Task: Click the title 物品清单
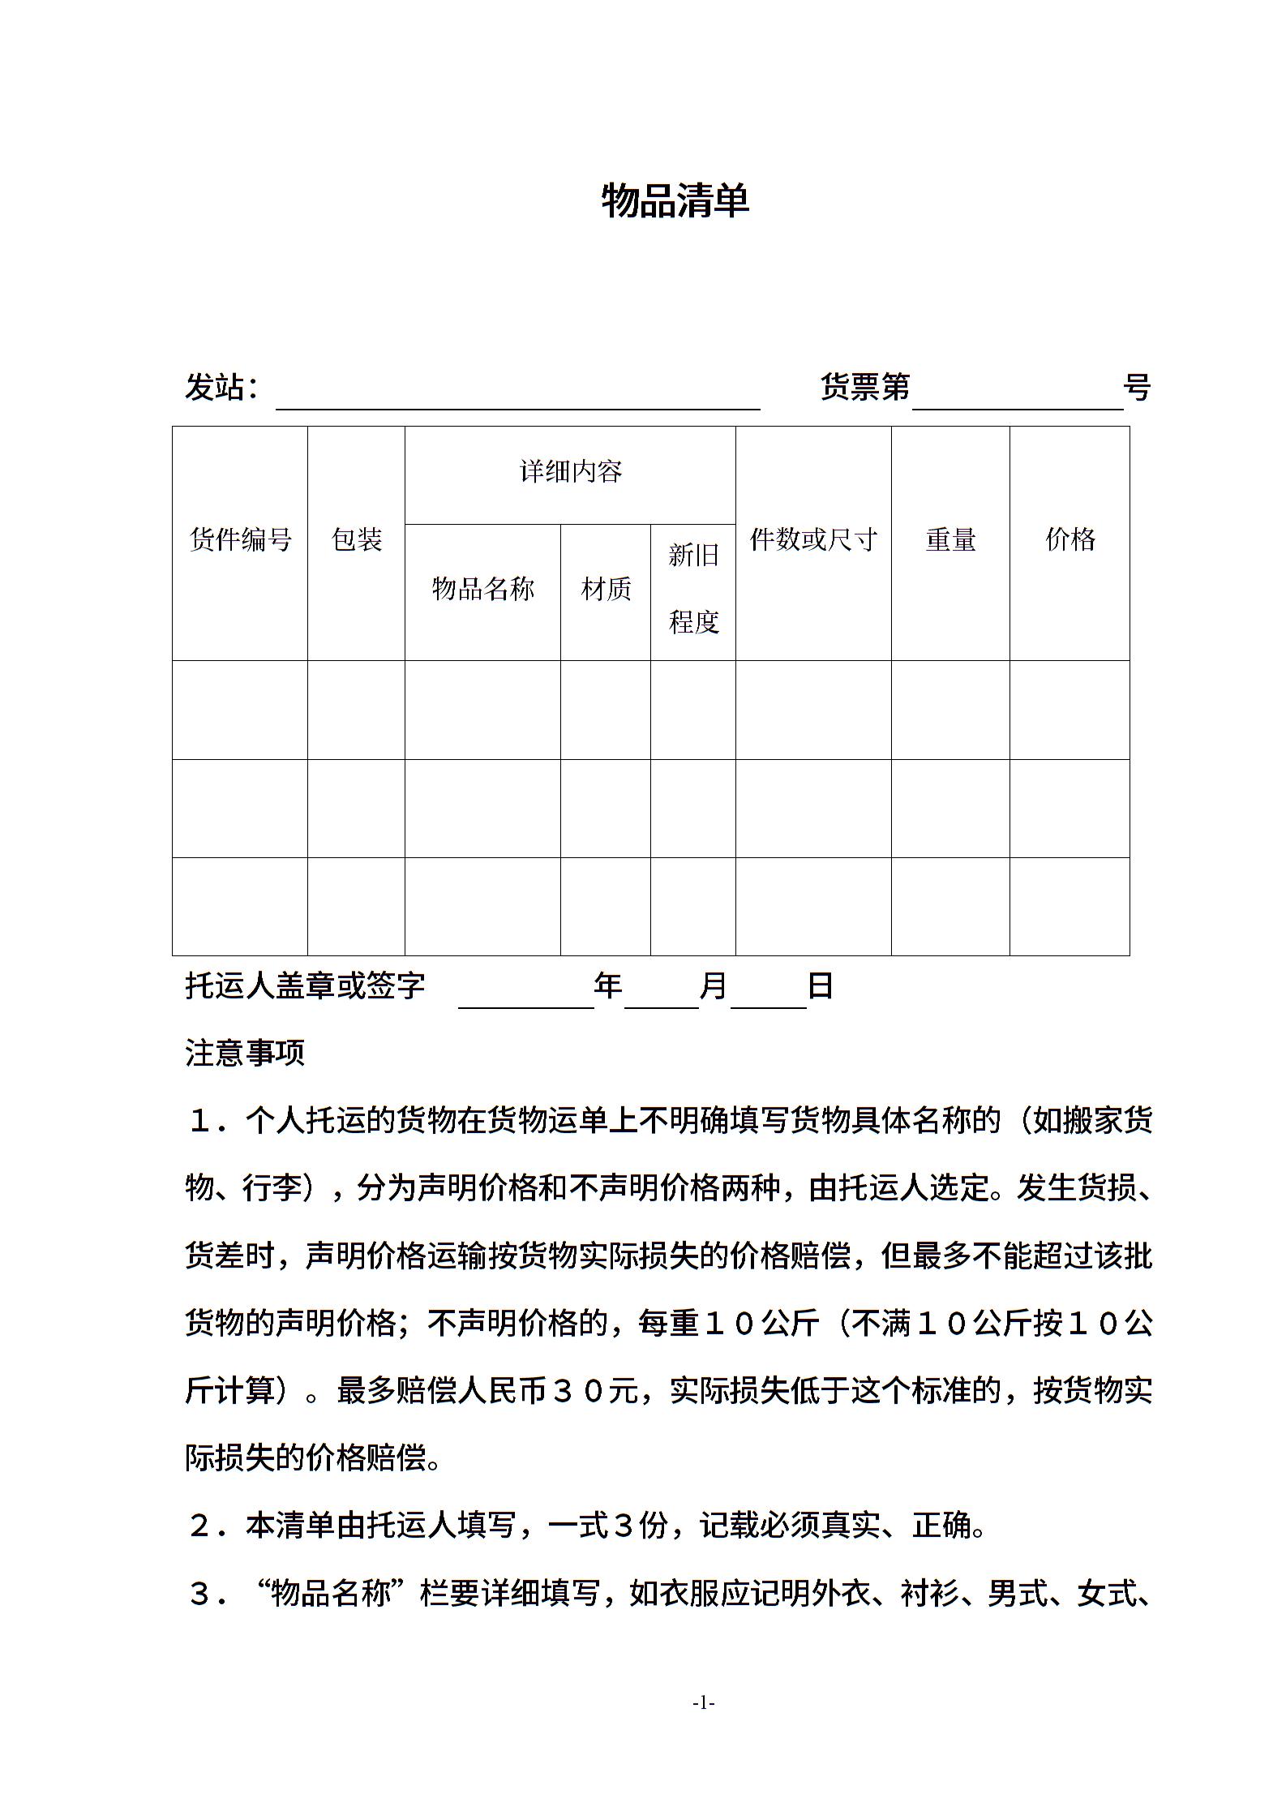point(675,200)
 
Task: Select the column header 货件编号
point(240,539)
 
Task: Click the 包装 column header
point(356,539)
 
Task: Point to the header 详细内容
point(570,471)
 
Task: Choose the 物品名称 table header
point(482,589)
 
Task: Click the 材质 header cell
point(606,589)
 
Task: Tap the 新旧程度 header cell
point(693,589)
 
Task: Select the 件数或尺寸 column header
point(813,539)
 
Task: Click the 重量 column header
point(950,539)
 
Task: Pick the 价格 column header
point(1070,539)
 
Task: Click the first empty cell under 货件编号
point(240,710)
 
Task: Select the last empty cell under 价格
point(1070,906)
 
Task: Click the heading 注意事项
point(245,1053)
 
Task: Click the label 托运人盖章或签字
point(305,986)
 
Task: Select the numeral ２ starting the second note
point(199,1526)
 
